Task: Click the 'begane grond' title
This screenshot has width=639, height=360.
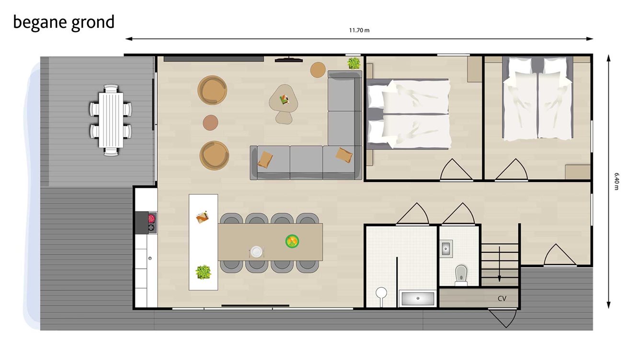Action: tap(64, 22)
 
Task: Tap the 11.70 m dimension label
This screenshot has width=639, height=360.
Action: tap(359, 30)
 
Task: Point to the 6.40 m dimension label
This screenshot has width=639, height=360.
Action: tap(616, 181)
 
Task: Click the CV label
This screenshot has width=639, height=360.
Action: tap(502, 298)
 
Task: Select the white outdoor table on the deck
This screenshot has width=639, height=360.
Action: tap(111, 120)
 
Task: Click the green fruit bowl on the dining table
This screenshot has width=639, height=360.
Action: tap(292, 241)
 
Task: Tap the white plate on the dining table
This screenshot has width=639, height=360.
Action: tap(256, 252)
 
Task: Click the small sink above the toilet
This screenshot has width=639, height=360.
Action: tap(446, 248)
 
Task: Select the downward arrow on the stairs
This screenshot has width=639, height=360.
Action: tap(499, 264)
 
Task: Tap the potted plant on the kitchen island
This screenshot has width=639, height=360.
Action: tap(203, 272)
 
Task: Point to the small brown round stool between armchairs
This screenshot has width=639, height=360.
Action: tap(211, 123)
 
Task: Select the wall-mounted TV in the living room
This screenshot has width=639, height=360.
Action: tap(289, 60)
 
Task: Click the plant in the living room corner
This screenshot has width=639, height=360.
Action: tap(354, 63)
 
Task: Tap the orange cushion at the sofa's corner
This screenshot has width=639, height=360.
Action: tap(344, 155)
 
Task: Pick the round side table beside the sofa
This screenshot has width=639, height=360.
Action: tap(318, 70)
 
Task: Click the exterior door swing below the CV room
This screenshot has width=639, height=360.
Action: tap(502, 318)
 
